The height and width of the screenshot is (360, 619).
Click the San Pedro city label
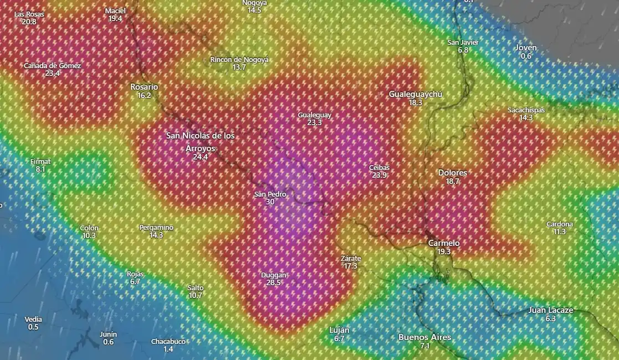[270, 194]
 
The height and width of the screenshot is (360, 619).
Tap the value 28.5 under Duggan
[274, 282]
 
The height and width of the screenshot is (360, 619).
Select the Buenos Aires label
[424, 337]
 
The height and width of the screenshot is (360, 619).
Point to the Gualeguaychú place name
[415, 94]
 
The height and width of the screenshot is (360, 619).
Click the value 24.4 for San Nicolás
[200, 157]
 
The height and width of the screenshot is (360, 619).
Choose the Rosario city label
[144, 87]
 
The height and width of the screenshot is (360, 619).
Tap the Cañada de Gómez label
[52, 66]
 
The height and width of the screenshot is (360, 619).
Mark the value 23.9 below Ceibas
[379, 175]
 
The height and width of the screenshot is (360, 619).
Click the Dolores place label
[452, 173]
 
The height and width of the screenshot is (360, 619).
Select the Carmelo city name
[444, 243]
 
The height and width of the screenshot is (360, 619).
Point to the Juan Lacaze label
[550, 310]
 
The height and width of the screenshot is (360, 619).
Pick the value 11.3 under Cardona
[559, 232]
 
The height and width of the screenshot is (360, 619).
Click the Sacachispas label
[526, 110]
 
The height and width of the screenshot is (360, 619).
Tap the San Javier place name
[463, 43]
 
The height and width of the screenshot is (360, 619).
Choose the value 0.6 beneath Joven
[526, 56]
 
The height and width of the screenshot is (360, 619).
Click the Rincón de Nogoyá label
[239, 60]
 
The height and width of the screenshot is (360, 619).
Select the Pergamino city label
[156, 228]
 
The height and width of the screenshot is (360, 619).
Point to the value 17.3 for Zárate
[350, 266]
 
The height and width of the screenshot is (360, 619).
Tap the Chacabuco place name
[168, 342]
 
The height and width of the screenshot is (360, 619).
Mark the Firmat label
[40, 162]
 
